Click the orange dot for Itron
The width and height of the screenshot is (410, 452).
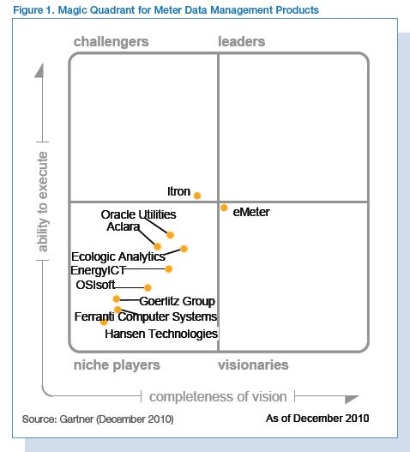click(197, 196)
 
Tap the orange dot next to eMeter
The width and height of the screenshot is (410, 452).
click(224, 208)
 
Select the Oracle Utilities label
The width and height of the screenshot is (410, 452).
click(138, 214)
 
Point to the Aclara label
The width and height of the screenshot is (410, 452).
click(124, 227)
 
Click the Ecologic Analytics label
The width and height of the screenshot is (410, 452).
click(118, 256)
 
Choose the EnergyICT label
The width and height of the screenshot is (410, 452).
click(98, 270)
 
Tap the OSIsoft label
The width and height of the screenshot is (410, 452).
click(94, 286)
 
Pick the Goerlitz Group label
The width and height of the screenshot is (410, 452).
click(177, 301)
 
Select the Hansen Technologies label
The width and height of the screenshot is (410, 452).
click(161, 334)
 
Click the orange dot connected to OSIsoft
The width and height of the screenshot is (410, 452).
click(148, 287)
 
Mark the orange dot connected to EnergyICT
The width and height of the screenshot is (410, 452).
click(169, 269)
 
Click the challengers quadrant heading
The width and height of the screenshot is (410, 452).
click(111, 42)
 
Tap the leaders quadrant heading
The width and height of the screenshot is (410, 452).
click(242, 42)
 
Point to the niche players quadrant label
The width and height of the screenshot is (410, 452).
click(117, 365)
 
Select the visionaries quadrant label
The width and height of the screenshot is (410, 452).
click(253, 365)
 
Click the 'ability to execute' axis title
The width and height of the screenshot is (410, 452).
click(44, 202)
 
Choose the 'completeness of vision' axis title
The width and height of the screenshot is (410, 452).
click(219, 396)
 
